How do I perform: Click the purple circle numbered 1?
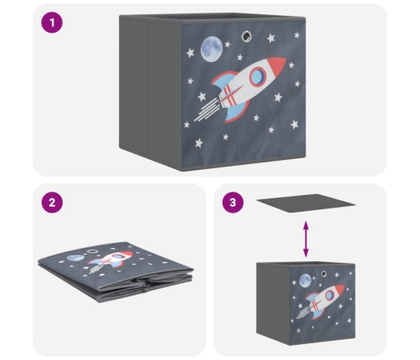click(52, 23)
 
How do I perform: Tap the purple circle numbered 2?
click(52, 203)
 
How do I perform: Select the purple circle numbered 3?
click(233, 203)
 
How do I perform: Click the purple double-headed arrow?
click(306, 239)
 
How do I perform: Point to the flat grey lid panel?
click(306, 203)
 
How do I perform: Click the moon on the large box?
click(212, 49)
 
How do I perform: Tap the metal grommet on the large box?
click(246, 36)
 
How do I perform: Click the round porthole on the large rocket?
click(258, 76)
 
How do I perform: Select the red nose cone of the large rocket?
click(277, 64)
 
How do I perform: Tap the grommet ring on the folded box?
click(91, 252)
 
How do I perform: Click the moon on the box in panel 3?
click(305, 280)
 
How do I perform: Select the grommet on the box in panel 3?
click(324, 274)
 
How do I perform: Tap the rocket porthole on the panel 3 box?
click(330, 295)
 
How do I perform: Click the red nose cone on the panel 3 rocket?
click(340, 289)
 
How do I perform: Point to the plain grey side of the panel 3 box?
click(273, 303)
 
